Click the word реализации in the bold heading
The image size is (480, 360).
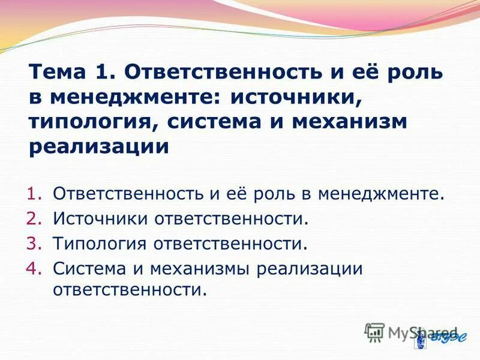click(99, 146)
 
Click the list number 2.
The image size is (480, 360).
click(34, 219)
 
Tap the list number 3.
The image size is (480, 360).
click(34, 244)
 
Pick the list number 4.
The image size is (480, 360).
click(34, 268)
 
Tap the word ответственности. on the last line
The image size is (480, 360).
click(130, 291)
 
